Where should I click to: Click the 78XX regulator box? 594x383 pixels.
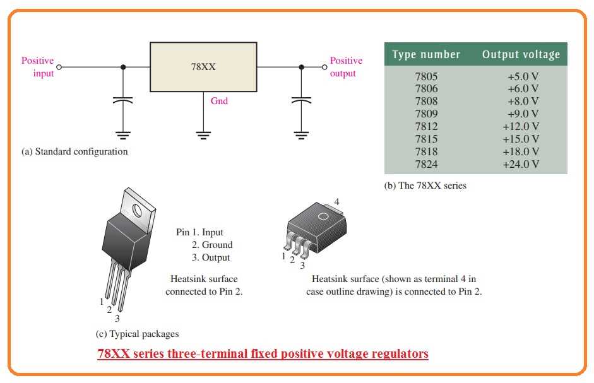pos(203,66)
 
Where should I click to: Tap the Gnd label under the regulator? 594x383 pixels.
pos(218,101)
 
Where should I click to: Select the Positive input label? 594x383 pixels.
pos(38,67)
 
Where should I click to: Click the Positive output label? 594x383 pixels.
pos(346,67)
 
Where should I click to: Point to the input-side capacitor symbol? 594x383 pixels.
pos(123,100)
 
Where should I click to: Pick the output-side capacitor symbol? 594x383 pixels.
pos(302,100)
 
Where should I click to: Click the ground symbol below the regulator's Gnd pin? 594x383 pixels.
pos(203,134)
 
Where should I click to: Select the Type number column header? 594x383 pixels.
pos(426,54)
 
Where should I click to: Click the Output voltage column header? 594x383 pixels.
pos(521,54)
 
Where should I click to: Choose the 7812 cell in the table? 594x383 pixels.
pos(426,126)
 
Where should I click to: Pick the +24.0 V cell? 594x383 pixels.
pos(521,164)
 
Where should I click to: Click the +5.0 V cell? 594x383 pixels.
pos(523,76)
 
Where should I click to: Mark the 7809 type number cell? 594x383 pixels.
pos(426,114)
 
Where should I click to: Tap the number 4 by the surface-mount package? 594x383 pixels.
pos(336,201)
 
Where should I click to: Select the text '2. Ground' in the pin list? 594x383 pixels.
pos(212,245)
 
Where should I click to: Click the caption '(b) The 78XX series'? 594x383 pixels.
pos(425,186)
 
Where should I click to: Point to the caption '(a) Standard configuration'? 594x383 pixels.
pos(74,151)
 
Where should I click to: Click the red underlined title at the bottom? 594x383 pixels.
pos(263,353)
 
